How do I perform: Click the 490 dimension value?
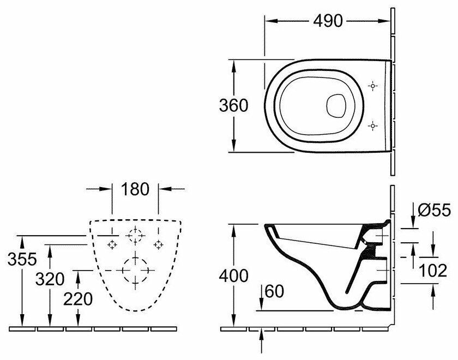pos(328,21)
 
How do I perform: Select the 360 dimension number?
pos(234,105)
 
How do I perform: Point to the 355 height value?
pos(21,259)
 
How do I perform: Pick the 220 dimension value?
pos(78,298)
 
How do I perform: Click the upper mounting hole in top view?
pos(373,86)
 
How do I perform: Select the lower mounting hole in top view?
pos(373,126)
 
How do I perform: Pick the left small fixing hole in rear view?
pos(111,244)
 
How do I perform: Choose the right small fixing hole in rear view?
pos(158,244)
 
